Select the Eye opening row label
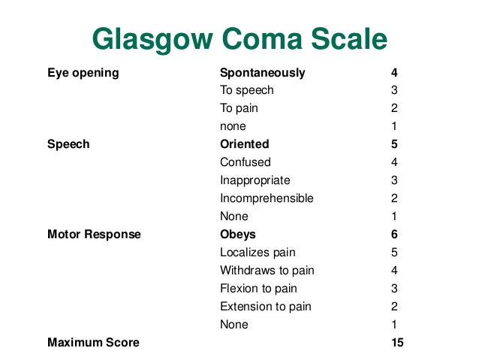[x=83, y=73]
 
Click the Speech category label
[x=68, y=144]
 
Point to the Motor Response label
[x=94, y=234]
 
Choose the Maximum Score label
[x=93, y=342]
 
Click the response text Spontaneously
[x=262, y=73]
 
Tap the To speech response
[x=246, y=90]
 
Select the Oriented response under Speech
[x=244, y=144]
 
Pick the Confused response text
[x=245, y=162]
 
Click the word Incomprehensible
[x=267, y=198]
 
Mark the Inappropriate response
[x=255, y=180]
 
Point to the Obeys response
[x=237, y=234]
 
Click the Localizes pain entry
[x=258, y=253]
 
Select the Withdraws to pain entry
[x=267, y=270]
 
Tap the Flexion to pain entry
[x=258, y=288]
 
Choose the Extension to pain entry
[x=265, y=306]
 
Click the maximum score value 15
[x=397, y=342]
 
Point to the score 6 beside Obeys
[x=394, y=234]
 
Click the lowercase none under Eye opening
[x=233, y=126]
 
